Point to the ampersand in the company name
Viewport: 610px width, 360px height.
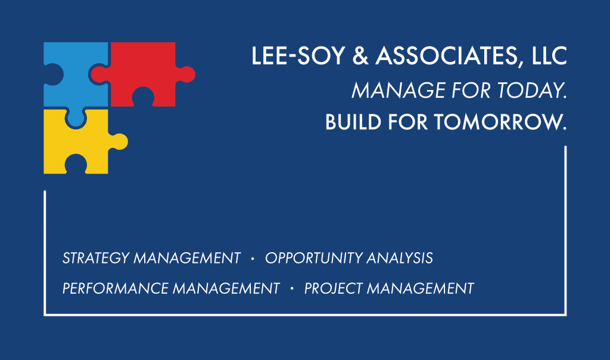(x=360, y=55)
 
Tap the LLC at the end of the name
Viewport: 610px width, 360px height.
(x=549, y=55)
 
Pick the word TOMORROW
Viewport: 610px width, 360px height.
(x=500, y=122)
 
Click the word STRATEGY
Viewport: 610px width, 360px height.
(x=96, y=258)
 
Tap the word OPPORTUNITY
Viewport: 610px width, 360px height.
(x=313, y=258)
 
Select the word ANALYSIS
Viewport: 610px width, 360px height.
(x=400, y=258)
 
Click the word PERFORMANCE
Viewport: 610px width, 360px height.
(x=115, y=288)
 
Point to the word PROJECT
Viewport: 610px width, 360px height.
(x=334, y=288)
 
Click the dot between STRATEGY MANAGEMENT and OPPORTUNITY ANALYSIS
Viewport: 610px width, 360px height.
(x=253, y=258)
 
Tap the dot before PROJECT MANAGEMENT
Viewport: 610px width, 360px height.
(x=292, y=288)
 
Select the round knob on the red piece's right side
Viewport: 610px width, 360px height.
(x=186, y=75)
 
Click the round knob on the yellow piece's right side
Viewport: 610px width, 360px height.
(x=119, y=142)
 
